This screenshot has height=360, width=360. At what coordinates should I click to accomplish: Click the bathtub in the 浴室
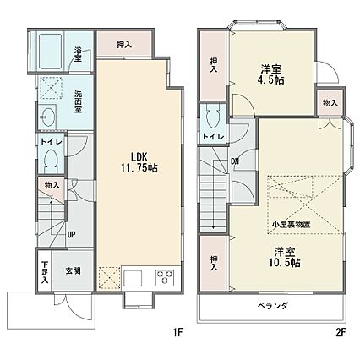(x=50, y=51)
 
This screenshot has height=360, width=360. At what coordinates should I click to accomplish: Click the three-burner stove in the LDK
(x=165, y=278)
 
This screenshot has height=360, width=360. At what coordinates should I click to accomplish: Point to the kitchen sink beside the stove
(x=133, y=278)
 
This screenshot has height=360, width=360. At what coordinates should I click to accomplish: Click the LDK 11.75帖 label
(x=139, y=163)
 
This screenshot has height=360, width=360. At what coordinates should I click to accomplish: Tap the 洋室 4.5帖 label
(x=272, y=75)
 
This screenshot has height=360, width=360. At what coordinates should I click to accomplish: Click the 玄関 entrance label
(x=74, y=271)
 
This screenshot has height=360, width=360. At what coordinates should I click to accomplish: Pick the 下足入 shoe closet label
(x=45, y=273)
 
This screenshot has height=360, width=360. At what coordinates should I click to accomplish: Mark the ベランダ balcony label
(x=273, y=305)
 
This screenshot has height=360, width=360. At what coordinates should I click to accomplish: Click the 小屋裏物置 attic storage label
(x=291, y=225)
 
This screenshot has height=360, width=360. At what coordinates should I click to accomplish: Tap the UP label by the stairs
(x=71, y=235)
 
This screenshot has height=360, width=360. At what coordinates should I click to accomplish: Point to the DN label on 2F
(x=235, y=161)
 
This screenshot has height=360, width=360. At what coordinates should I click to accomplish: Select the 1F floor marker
(x=178, y=333)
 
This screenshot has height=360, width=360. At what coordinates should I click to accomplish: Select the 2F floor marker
(x=341, y=333)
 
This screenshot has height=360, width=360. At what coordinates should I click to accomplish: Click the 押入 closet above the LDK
(x=124, y=44)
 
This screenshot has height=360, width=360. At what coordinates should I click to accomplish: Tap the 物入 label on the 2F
(x=330, y=103)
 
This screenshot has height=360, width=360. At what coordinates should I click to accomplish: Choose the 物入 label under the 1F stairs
(x=52, y=185)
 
